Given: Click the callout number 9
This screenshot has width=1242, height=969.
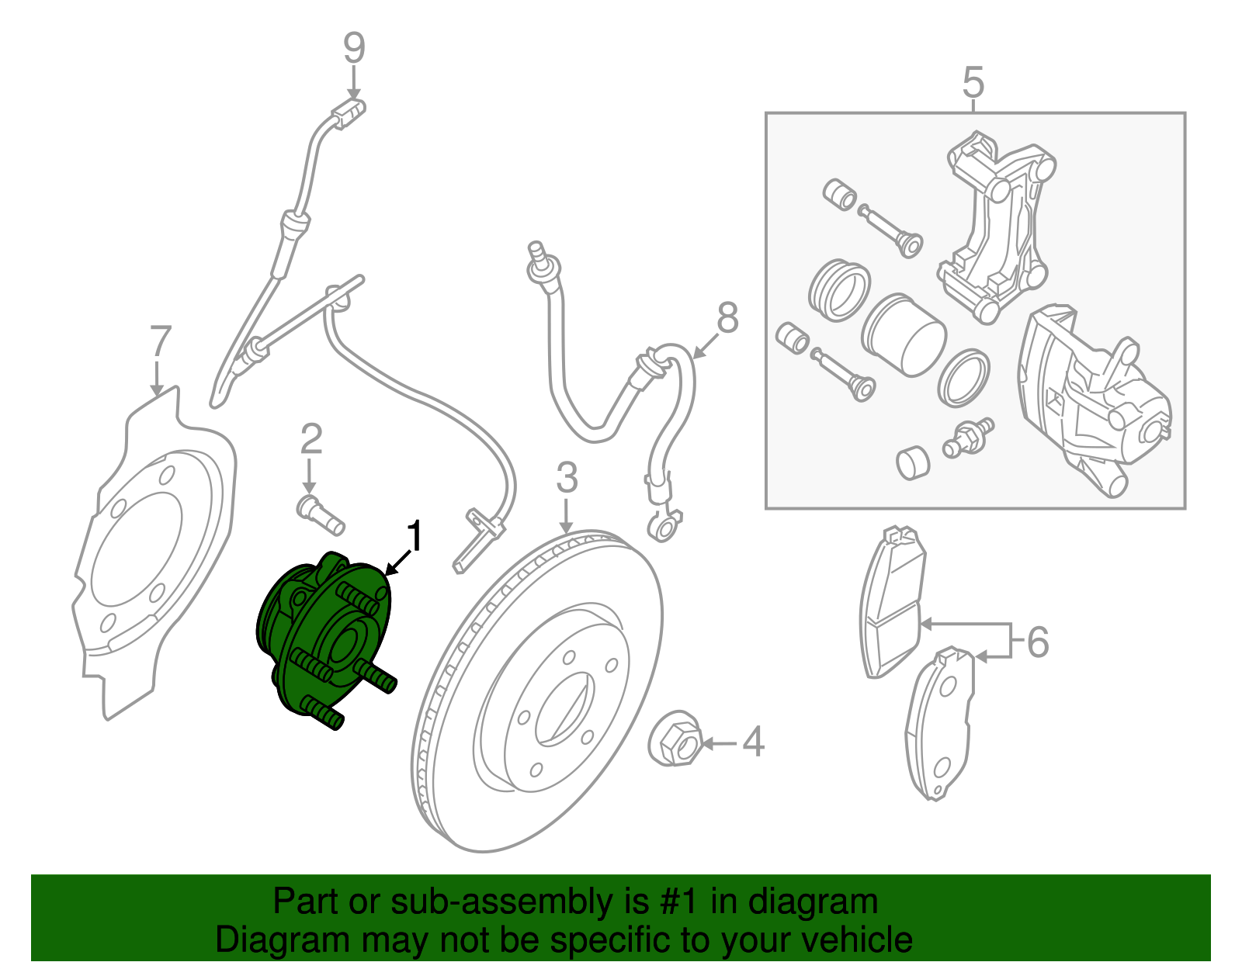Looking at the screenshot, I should (354, 48).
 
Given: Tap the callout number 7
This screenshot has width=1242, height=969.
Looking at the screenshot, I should (159, 341).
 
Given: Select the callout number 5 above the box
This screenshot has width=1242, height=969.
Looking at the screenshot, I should (973, 82).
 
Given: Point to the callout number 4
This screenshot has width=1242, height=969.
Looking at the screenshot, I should (753, 742).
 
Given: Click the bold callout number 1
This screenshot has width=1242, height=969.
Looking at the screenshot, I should (416, 537).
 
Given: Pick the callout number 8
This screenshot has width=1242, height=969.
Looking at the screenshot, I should (727, 318).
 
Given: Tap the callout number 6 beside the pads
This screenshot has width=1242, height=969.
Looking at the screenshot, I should (1038, 642).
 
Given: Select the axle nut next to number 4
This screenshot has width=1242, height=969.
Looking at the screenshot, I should (675, 739).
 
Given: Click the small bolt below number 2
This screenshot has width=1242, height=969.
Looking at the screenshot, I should (320, 515).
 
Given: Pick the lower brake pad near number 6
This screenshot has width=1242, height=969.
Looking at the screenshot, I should (939, 725).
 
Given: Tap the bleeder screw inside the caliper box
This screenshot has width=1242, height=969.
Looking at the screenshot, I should (969, 438).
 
